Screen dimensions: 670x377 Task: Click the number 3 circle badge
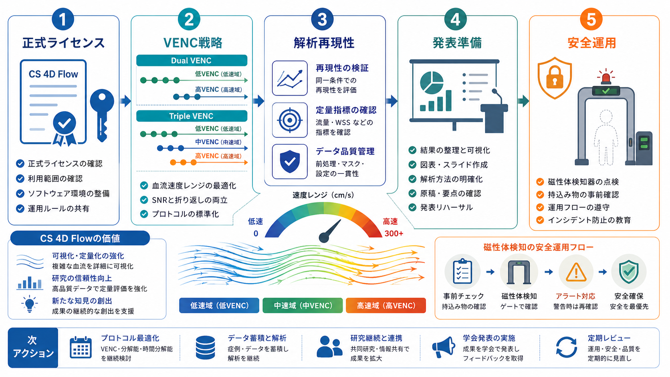(x=322, y=19)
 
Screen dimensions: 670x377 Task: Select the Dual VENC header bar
(x=192, y=60)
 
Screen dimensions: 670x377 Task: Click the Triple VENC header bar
(x=192, y=116)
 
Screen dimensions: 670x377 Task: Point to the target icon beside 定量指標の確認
(x=290, y=120)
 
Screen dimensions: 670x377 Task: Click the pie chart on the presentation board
(x=432, y=82)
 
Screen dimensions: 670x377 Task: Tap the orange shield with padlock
(x=555, y=78)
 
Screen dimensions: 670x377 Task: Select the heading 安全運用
(x=591, y=43)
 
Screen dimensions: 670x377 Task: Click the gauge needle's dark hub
(x=324, y=238)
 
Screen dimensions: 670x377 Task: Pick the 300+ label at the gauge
(x=394, y=234)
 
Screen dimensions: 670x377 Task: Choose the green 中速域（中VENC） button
(x=303, y=305)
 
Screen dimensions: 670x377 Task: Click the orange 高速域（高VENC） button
(x=386, y=305)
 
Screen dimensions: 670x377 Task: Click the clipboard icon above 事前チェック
(x=462, y=272)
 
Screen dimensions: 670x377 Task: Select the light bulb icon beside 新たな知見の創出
(x=29, y=304)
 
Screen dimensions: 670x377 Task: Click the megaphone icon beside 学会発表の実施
(x=444, y=347)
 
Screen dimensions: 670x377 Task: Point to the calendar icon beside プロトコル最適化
(x=81, y=347)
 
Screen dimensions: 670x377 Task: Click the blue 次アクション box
(x=33, y=348)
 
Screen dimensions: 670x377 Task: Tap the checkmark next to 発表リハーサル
(x=412, y=208)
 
